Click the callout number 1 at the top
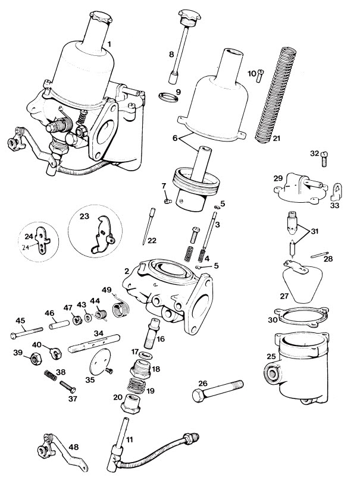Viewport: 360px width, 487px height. tap(109, 43)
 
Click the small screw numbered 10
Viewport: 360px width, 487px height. tap(259, 78)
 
